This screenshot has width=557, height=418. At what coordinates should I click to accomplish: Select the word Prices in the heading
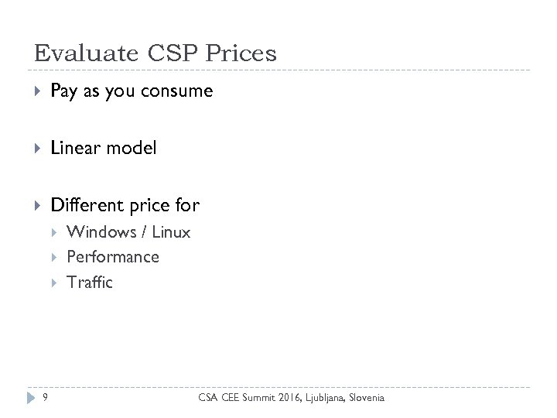241,53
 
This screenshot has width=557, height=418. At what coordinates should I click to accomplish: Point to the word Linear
74,148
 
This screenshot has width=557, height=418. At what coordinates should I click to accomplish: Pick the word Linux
171,232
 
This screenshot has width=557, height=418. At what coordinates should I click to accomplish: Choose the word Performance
113,257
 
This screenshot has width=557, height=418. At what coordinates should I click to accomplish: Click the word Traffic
90,283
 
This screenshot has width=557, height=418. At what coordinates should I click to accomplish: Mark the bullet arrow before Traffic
56,283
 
